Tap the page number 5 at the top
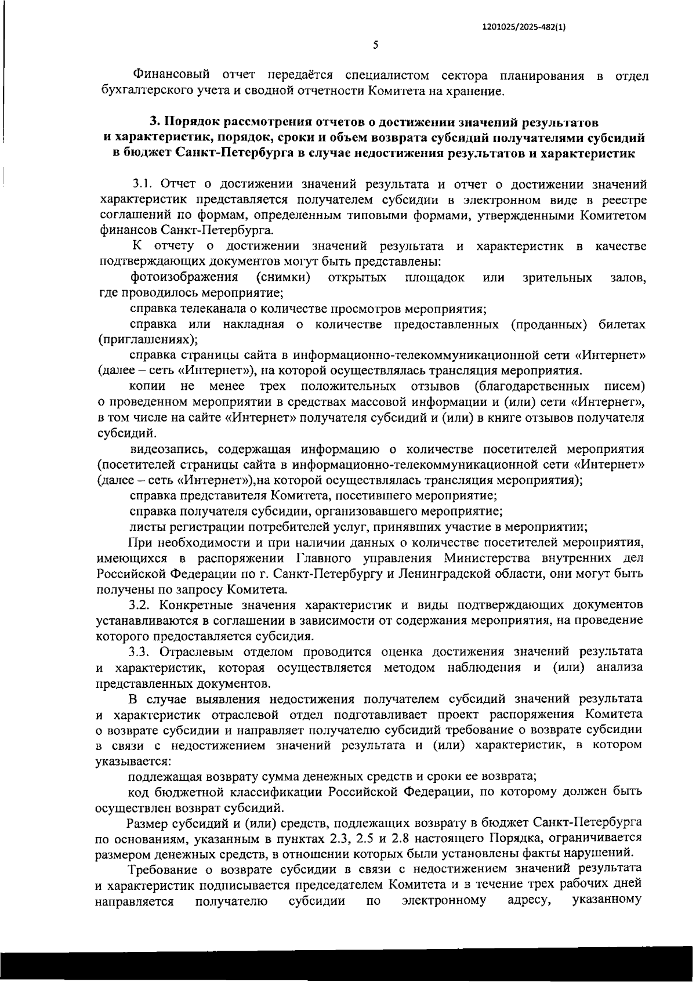(375, 45)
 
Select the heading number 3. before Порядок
(155, 122)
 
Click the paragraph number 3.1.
(142, 184)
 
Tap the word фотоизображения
(184, 277)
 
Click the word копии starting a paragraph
(147, 386)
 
